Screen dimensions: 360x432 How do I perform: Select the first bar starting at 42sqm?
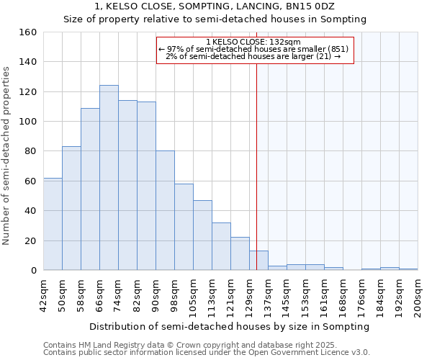click(x=53, y=224)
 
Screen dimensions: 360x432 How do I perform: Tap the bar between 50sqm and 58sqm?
click(x=71, y=208)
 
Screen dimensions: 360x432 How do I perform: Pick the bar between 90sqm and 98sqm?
click(x=165, y=210)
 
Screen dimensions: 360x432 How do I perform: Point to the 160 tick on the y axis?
click(x=28, y=32)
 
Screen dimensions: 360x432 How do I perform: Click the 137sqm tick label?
click(x=268, y=295)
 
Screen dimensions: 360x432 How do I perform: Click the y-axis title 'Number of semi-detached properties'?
click(x=6, y=152)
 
